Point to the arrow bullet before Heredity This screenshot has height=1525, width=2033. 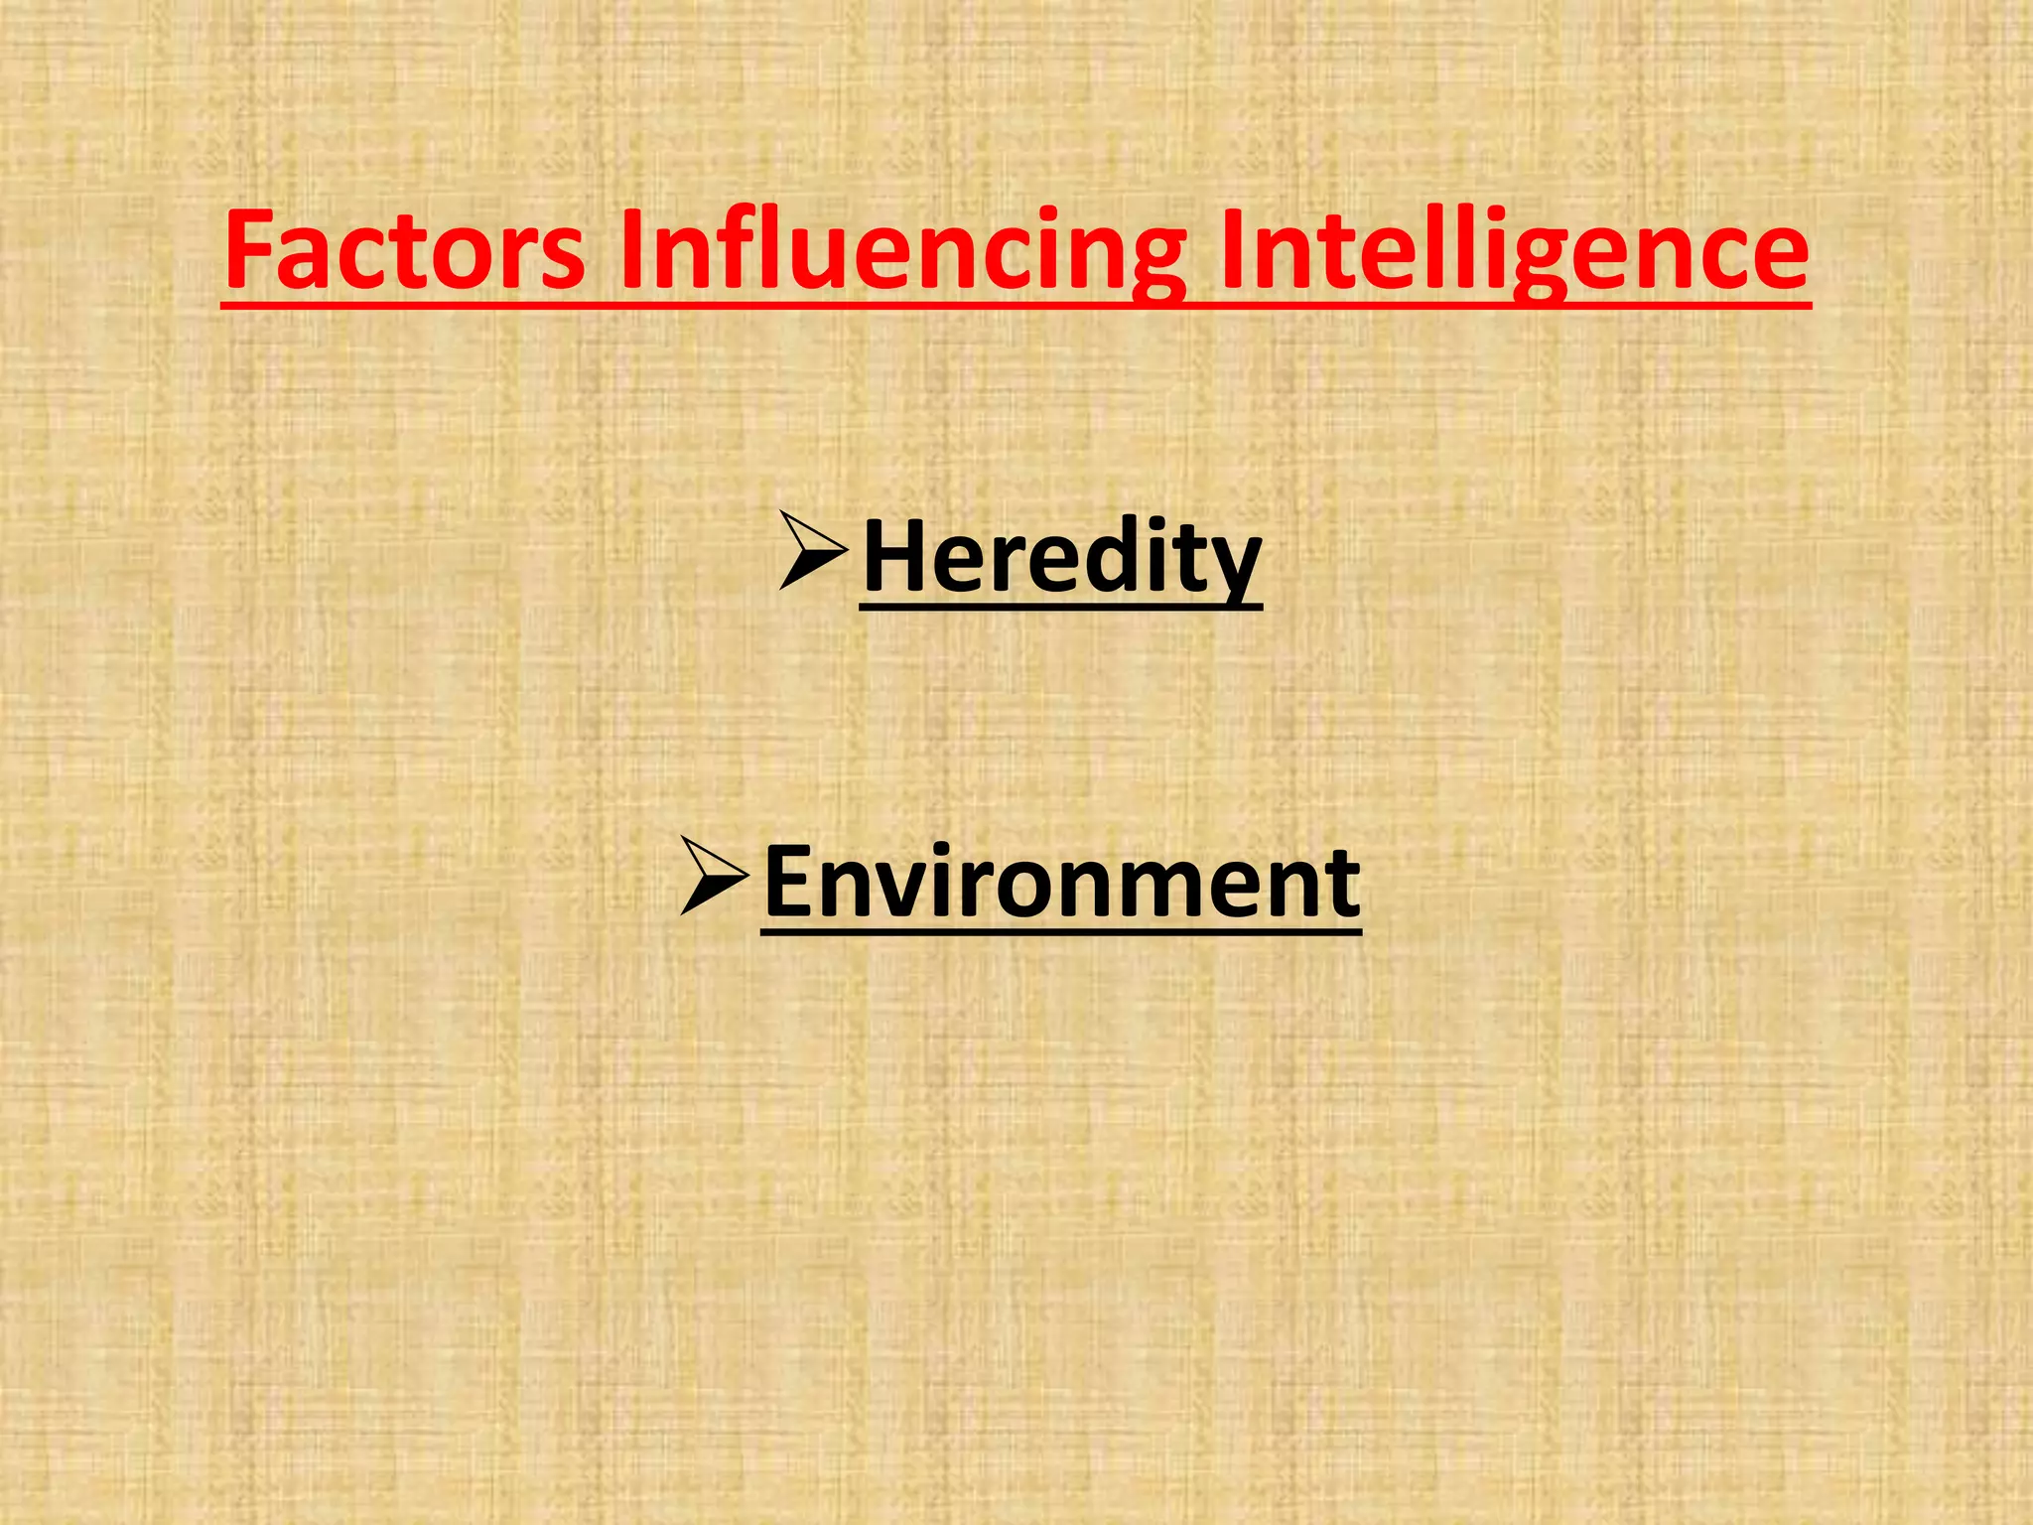tap(811, 551)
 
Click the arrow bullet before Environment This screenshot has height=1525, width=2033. tap(713, 876)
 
